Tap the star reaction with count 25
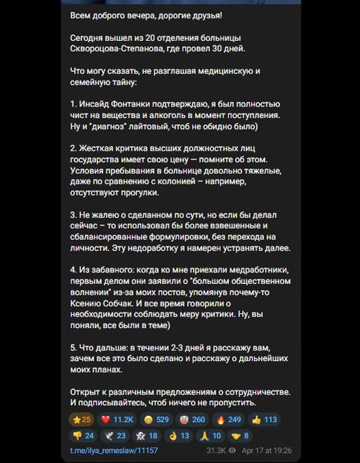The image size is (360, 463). tap(81, 420)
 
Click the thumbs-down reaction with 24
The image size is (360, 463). tap(82, 435)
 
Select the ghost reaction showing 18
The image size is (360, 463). tap(146, 435)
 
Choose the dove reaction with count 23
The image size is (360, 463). tap(116, 435)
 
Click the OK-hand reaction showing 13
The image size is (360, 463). tap(178, 435)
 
